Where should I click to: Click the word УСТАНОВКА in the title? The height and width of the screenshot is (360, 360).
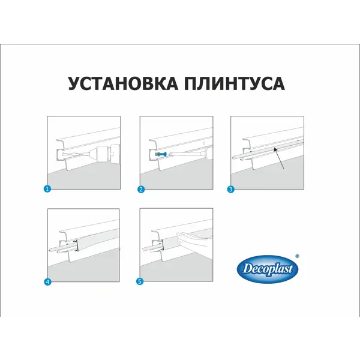point(123,83)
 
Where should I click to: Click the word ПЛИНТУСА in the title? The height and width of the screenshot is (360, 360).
point(235,83)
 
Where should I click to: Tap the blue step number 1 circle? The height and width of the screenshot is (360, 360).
point(47,189)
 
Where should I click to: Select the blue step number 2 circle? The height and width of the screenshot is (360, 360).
point(141,190)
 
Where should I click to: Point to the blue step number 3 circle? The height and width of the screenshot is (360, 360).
point(230,190)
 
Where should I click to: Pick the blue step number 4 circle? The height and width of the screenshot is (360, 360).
point(47,282)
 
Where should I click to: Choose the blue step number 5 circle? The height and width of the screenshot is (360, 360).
point(140,281)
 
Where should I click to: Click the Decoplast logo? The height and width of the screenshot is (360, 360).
point(268,269)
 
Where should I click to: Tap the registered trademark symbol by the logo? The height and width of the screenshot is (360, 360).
point(297,256)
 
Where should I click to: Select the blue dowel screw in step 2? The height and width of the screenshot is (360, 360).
point(161,154)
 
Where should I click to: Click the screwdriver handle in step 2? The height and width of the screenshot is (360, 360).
point(208,152)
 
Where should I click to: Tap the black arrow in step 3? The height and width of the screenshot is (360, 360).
point(280,158)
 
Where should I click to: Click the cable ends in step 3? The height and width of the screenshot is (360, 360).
point(237,158)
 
